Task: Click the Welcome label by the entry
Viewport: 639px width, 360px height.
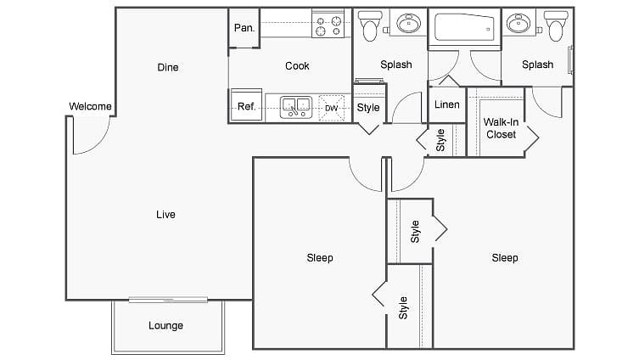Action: coord(90,106)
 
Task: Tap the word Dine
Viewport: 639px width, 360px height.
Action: coord(168,67)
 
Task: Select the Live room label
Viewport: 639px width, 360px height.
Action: coord(165,215)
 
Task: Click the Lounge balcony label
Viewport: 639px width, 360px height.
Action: coord(165,325)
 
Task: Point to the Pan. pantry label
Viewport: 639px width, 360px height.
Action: coord(244,28)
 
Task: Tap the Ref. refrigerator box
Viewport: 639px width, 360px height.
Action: coord(247,105)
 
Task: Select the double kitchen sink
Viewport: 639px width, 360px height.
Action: coord(296,108)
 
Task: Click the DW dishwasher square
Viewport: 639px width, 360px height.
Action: coord(331,108)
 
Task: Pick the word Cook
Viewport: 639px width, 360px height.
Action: coord(297,65)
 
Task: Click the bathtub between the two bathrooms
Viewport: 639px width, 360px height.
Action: coord(464,28)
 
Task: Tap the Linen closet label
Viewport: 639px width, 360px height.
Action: coord(447,104)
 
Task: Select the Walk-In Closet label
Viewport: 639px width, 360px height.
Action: coord(501,128)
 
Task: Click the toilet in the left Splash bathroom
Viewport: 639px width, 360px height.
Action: coord(370,25)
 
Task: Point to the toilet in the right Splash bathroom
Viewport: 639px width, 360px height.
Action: coord(556,25)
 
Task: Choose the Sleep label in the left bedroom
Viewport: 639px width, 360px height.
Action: coord(320,257)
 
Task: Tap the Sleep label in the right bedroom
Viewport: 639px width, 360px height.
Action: coord(505,257)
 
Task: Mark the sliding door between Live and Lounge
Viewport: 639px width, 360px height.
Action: coord(168,300)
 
